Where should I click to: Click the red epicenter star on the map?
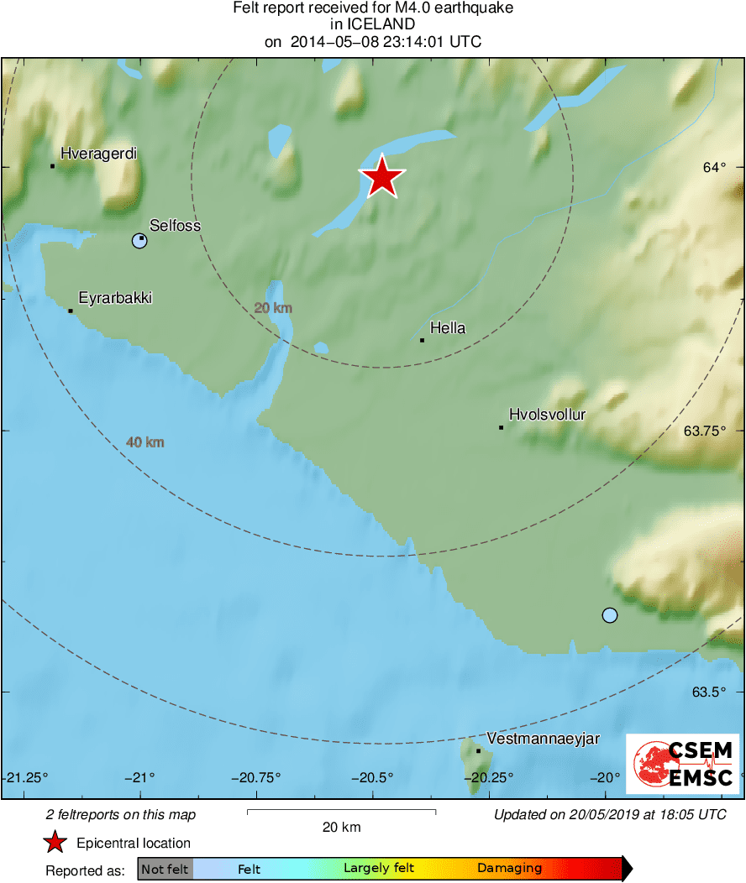click(x=382, y=177)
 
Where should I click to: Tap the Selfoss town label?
click(x=175, y=225)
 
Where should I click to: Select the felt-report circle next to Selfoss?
click(x=139, y=242)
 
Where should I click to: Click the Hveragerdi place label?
click(x=98, y=154)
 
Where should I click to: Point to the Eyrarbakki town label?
click(x=115, y=298)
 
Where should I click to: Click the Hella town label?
click(x=447, y=328)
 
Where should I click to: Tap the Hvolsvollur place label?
click(x=547, y=415)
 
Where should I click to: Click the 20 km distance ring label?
click(x=273, y=308)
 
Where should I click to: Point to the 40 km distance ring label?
click(x=144, y=442)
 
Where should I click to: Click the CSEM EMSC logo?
click(x=683, y=763)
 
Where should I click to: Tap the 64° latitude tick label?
click(x=714, y=168)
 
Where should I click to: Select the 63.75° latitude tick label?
click(x=704, y=431)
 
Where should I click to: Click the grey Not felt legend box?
click(x=165, y=869)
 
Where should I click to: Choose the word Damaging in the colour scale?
click(x=509, y=869)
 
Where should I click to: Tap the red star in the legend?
click(x=55, y=843)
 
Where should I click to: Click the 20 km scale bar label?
click(x=341, y=828)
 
